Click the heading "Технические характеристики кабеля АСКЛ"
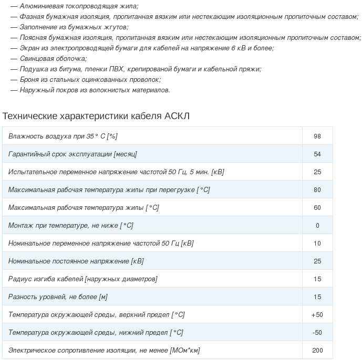point(96,115)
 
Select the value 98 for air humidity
point(317,136)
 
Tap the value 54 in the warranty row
point(317,154)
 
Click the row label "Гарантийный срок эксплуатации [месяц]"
point(73,154)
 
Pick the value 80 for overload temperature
point(317,189)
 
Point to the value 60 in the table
point(317,207)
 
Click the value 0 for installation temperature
point(317,225)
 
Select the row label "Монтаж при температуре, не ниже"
point(70,225)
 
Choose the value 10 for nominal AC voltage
point(317,243)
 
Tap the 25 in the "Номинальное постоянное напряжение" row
point(317,261)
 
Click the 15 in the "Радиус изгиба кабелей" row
point(317,279)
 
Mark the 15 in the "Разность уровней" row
point(317,297)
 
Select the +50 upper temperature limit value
point(317,314)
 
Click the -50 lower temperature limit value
point(317,332)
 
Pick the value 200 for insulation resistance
point(317,350)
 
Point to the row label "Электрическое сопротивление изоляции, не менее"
point(104,350)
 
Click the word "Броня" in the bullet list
point(29,80)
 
